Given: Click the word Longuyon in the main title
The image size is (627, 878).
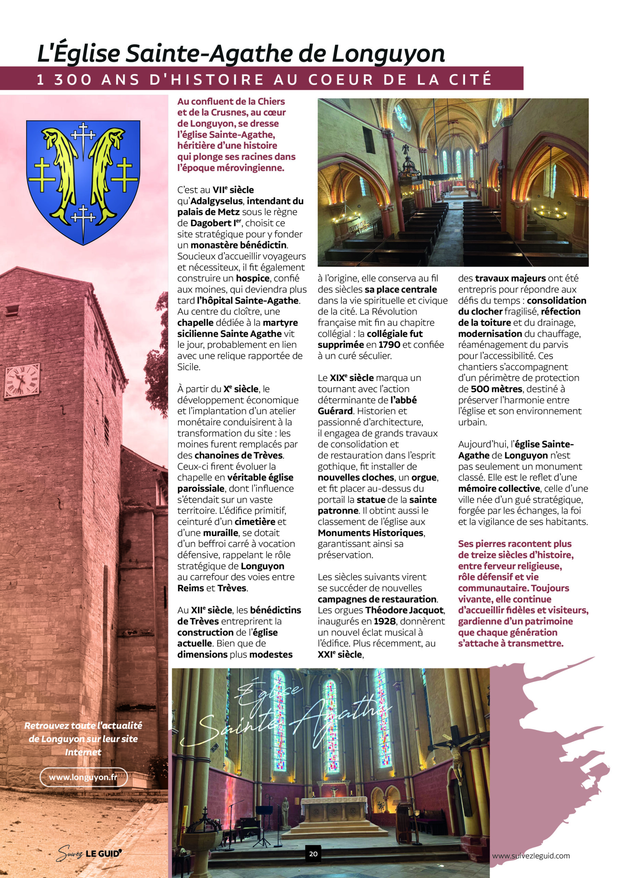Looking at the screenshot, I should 388,54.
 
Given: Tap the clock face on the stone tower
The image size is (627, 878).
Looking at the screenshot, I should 22,380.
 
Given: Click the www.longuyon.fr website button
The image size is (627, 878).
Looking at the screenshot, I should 83,777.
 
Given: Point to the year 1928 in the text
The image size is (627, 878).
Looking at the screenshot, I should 385,621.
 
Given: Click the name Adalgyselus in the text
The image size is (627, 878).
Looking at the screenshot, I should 216,201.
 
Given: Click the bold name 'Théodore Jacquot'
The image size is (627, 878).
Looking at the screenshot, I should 405,610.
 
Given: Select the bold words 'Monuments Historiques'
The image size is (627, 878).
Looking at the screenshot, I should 371,533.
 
